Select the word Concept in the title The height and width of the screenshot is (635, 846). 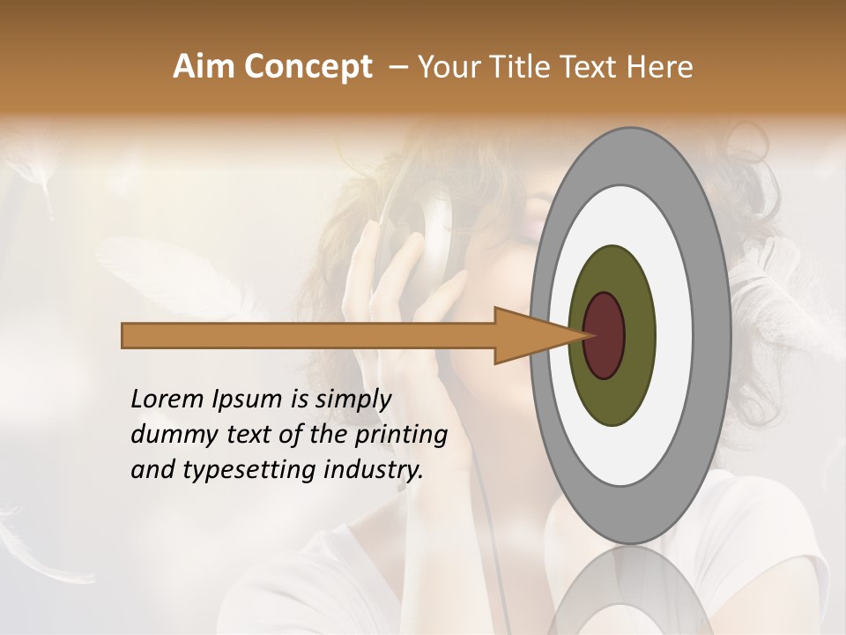pyautogui.click(x=307, y=67)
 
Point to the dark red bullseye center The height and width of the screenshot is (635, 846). pyautogui.click(x=605, y=335)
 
